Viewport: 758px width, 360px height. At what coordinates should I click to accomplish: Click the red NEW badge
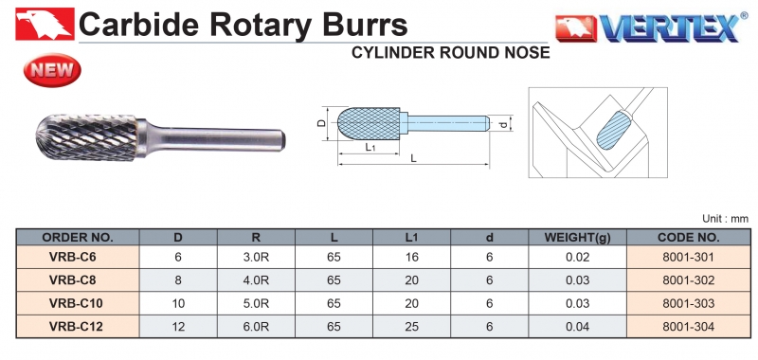tap(52, 70)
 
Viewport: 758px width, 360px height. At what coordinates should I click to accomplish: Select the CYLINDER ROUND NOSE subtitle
tap(451, 52)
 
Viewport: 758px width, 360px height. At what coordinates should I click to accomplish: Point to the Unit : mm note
tap(725, 219)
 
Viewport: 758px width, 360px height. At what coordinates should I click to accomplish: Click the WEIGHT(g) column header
tap(578, 237)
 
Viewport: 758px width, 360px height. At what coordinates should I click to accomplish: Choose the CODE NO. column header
tap(689, 237)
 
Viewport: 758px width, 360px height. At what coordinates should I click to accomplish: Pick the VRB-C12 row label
tap(77, 327)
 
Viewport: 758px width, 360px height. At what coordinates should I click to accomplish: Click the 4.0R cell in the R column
tap(256, 280)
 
